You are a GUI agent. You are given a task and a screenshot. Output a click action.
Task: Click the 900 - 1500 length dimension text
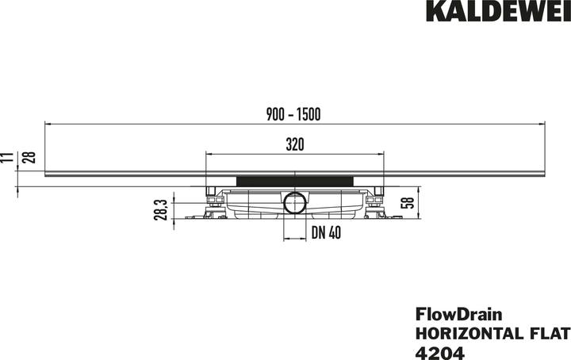(293, 115)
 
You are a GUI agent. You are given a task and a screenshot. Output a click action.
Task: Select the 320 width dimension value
(295, 144)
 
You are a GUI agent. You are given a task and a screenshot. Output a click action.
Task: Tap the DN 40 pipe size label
(326, 232)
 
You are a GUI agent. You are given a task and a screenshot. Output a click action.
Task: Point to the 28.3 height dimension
(160, 210)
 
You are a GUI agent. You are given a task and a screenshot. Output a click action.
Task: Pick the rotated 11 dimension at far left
(8, 157)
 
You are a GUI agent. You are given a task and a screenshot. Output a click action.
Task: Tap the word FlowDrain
(454, 316)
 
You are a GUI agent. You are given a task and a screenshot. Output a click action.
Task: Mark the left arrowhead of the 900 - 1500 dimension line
(48, 124)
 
